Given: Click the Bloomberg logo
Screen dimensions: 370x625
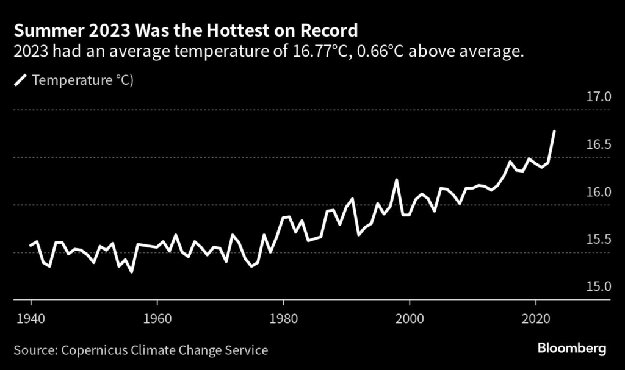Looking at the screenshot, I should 572,349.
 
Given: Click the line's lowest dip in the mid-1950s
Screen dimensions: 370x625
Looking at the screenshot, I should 132,272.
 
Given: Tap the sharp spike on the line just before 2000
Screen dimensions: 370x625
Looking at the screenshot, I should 397,180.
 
